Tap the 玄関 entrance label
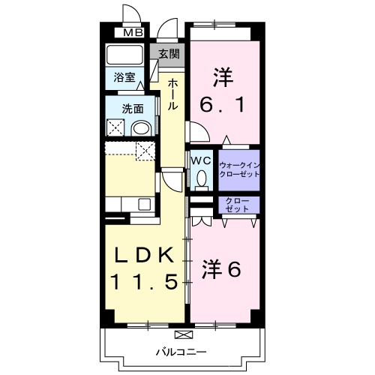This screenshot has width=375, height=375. click(169, 53)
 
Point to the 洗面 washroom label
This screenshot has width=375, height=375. click(133, 109)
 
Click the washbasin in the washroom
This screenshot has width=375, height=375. click(140, 128)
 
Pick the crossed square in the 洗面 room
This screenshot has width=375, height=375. click(115, 127)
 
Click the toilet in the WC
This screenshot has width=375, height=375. click(200, 178)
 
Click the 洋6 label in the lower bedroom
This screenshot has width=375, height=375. click(223, 268)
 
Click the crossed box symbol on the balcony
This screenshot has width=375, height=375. click(182, 334)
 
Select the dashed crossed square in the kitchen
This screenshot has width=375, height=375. click(145, 149)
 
